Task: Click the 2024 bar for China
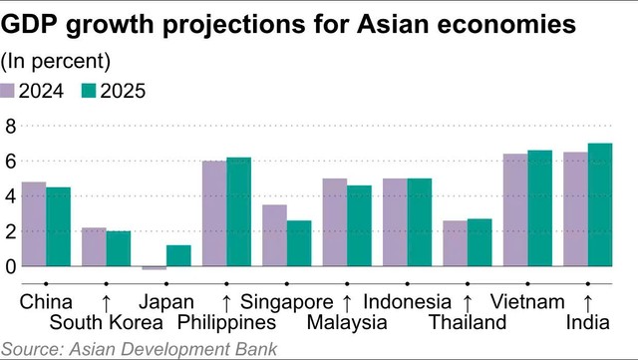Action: click(34, 224)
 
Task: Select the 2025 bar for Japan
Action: click(179, 255)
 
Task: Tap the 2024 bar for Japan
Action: click(155, 268)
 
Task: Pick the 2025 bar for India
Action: click(600, 204)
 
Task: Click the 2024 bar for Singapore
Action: click(274, 235)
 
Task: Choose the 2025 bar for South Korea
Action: click(119, 248)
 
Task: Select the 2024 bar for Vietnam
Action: click(515, 210)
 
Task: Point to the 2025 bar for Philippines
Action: click(239, 211)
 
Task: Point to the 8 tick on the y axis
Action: click(11, 126)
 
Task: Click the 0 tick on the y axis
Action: click(11, 266)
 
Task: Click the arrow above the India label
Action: click(588, 300)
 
